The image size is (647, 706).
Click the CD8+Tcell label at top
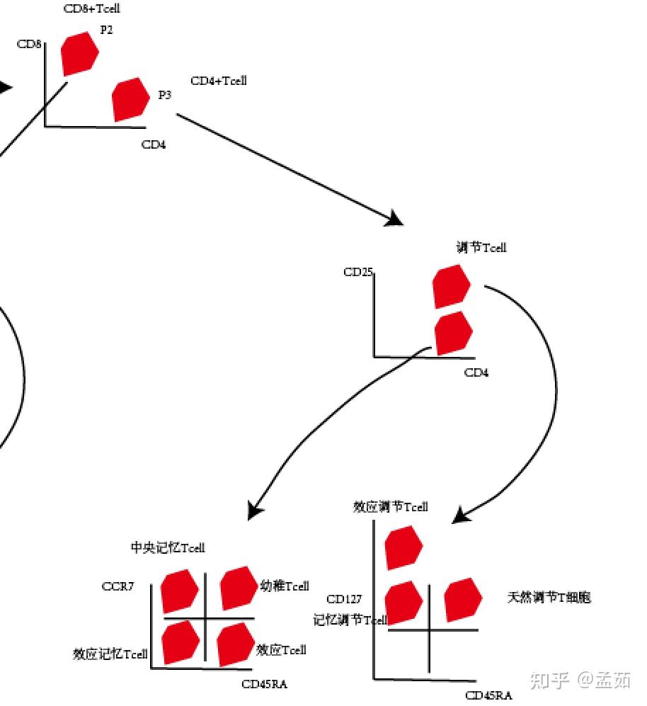(91, 9)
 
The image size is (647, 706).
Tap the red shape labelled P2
(79, 54)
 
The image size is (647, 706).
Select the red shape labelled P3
(130, 99)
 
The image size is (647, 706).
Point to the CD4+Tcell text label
(219, 81)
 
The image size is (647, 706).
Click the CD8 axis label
(29, 45)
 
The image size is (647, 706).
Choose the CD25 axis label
(358, 272)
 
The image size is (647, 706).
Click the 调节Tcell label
(481, 247)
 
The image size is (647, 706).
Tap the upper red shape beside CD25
(451, 286)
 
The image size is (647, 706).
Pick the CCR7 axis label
(118, 586)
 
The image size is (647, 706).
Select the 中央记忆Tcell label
(168, 547)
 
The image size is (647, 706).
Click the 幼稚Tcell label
(285, 586)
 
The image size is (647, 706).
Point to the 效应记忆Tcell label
(110, 654)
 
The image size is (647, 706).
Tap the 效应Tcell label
(281, 649)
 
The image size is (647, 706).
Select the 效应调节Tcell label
(391, 507)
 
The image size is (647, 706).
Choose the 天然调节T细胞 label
(549, 597)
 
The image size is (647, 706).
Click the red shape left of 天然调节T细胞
(463, 600)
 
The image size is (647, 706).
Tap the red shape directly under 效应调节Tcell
(403, 547)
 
